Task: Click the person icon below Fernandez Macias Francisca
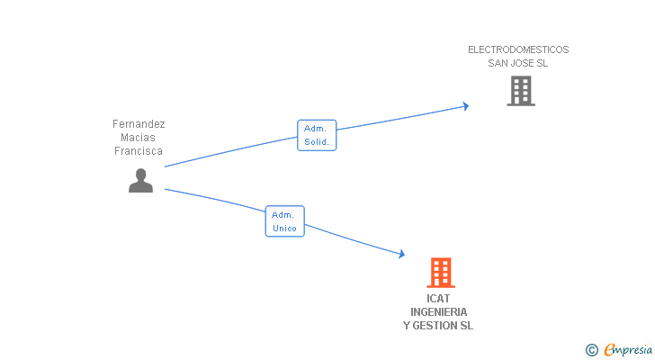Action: pos(140,181)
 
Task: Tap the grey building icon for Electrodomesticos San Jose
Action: pos(520,91)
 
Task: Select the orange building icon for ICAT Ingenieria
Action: pos(440,272)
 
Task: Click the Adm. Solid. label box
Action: pos(317,135)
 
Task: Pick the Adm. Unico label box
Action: pos(284,221)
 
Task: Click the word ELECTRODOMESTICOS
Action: pos(518,49)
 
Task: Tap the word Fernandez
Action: pos(139,124)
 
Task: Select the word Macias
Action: pos(139,138)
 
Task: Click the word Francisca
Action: pos(139,151)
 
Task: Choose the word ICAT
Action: pos(438,298)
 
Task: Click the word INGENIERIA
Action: pos(438,311)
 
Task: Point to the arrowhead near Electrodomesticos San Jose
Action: pos(465,106)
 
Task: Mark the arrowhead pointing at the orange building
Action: pos(401,256)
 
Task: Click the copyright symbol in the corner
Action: pos(592,349)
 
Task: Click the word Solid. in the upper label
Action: pos(317,142)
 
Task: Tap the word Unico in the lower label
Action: pos(284,229)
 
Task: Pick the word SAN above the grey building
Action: pos(498,63)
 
